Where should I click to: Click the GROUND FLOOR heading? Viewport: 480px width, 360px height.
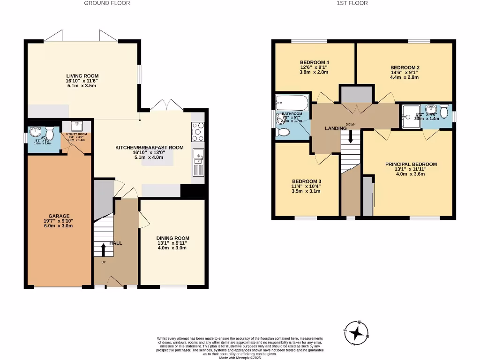pyautogui.click(x=107, y=3)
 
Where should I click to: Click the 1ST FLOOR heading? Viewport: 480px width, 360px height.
pyautogui.click(x=352, y=3)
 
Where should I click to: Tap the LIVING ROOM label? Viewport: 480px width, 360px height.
pyautogui.click(x=82, y=76)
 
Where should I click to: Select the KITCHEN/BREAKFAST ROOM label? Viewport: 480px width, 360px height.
pyautogui.click(x=150, y=148)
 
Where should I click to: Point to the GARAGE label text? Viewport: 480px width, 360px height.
pyautogui.click(x=59, y=216)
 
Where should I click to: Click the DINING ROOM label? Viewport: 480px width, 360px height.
pyautogui.click(x=172, y=238)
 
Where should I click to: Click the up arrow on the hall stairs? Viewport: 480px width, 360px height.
pyautogui.click(x=104, y=250)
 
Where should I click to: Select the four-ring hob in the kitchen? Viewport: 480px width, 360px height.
pyautogui.click(x=197, y=132)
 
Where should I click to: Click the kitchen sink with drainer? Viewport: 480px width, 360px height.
pyautogui.click(x=198, y=162)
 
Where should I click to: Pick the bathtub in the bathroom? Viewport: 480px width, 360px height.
pyautogui.click(x=291, y=102)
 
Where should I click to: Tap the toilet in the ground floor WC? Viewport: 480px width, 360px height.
pyautogui.click(x=51, y=135)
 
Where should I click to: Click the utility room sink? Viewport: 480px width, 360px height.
pyautogui.click(x=76, y=126)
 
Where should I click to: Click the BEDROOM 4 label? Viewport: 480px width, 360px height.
pyautogui.click(x=314, y=62)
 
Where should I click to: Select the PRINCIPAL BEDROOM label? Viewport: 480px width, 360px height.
pyautogui.click(x=411, y=164)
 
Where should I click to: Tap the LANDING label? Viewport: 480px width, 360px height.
pyautogui.click(x=336, y=128)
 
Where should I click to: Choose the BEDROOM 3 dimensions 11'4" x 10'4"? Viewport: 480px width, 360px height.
pyautogui.click(x=306, y=187)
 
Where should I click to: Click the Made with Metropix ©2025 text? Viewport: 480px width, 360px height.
pyautogui.click(x=240, y=357)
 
